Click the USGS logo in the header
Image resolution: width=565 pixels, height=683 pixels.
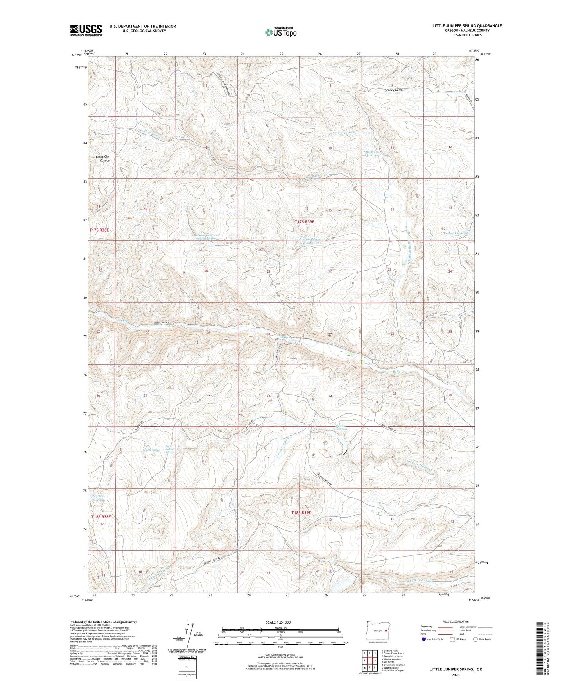[x=86, y=30]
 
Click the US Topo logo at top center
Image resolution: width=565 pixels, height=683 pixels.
[x=280, y=32]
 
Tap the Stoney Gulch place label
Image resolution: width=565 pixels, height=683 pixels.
[x=393, y=90]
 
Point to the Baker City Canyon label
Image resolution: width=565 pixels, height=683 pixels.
[x=103, y=158]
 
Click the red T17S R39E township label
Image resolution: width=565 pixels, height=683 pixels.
[x=304, y=222]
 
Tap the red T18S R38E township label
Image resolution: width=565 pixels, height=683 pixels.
[x=101, y=517]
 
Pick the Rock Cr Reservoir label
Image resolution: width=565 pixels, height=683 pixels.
[x=372, y=153]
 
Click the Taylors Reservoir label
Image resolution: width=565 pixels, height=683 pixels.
[x=97, y=498]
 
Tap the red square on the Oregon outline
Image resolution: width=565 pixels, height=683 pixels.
[x=386, y=631]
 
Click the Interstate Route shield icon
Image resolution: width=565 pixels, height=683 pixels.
[x=424, y=639]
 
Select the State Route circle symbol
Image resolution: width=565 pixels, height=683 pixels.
[x=475, y=639]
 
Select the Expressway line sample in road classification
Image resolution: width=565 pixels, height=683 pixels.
[x=445, y=627]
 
